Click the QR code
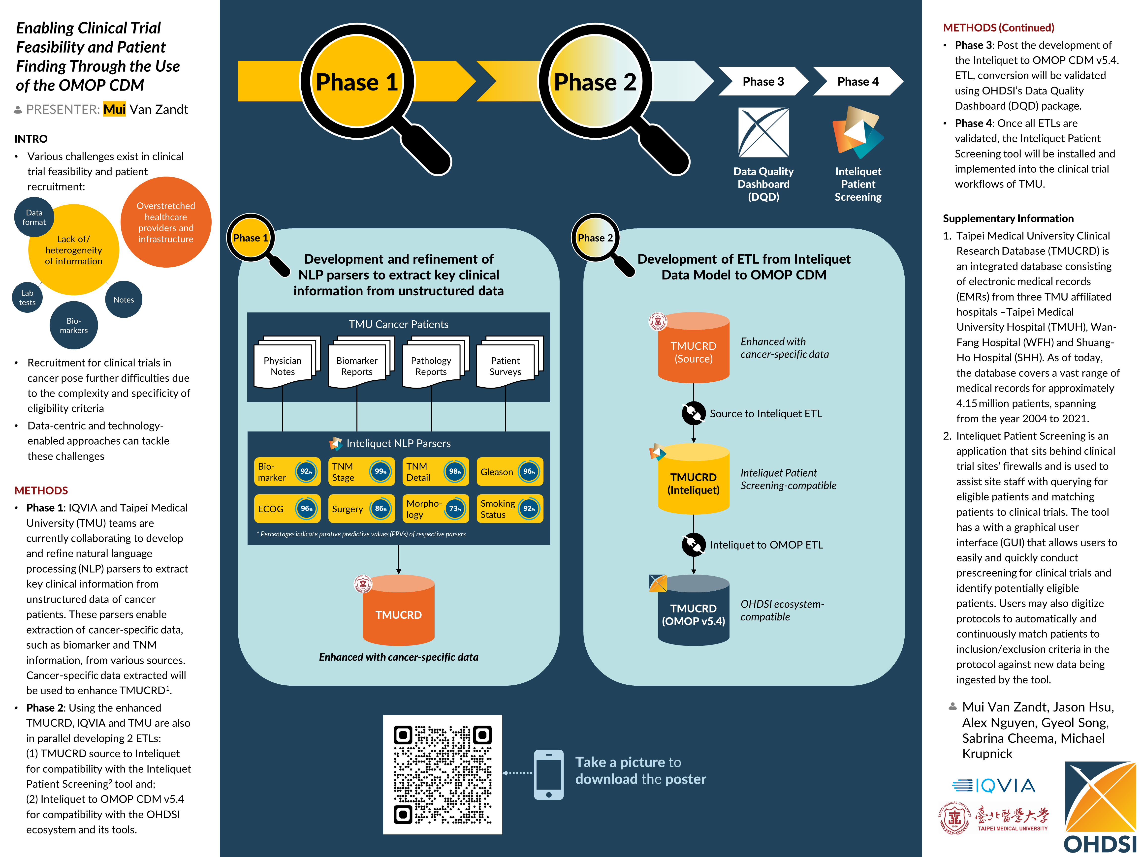[x=442, y=774]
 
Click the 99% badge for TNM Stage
[x=380, y=471]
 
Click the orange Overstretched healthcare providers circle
[x=166, y=222]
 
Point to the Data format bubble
[x=34, y=217]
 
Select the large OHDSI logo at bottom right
[x=1100, y=808]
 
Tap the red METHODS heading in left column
[x=41, y=490]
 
